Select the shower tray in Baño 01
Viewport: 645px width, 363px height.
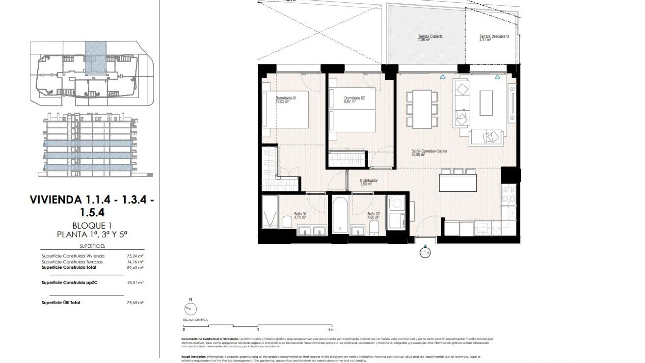point(270,212)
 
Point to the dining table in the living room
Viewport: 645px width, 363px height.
point(422,109)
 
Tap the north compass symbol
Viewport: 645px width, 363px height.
point(190,309)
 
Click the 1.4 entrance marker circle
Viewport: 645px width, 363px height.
point(425,252)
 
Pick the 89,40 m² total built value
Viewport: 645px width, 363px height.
point(135,268)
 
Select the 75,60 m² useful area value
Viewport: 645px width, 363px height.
point(135,303)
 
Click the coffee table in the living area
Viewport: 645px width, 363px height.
point(486,103)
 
